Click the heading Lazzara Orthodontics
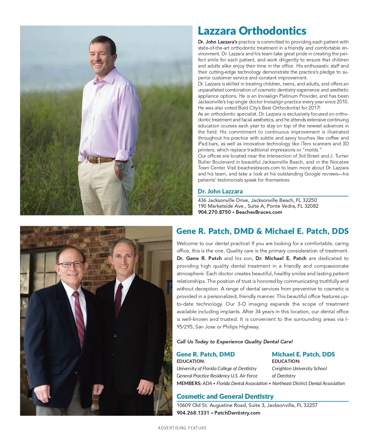pyautogui.click(x=252, y=31)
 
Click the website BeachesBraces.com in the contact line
pyautogui.click(x=259, y=212)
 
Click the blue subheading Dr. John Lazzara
pyautogui.click(x=220, y=191)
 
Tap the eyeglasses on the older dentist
pyautogui.click(x=71, y=264)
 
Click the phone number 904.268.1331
pyautogui.click(x=193, y=413)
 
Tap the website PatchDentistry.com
pyautogui.click(x=237, y=413)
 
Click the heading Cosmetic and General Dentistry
pyautogui.click(x=225, y=396)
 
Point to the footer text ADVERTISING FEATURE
pyautogui.click(x=182, y=428)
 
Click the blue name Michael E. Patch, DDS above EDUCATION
pyautogui.click(x=303, y=354)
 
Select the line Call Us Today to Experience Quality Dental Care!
pyautogui.click(x=235, y=342)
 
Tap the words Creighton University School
pyautogui.click(x=299, y=368)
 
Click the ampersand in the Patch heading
pyautogui.click(x=259, y=231)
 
